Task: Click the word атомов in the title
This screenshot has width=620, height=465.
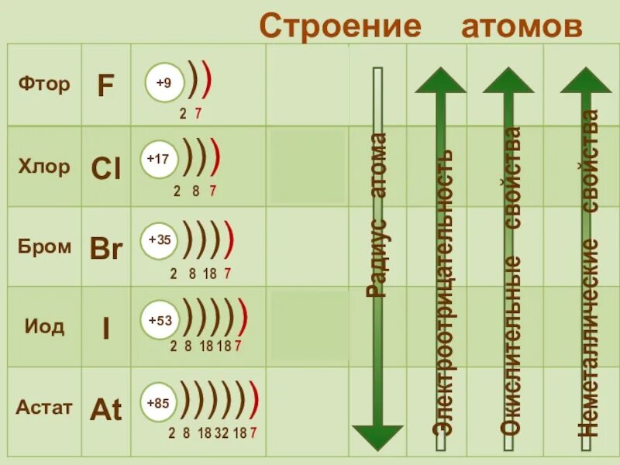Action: point(522,26)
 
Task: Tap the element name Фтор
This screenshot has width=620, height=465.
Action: point(44,84)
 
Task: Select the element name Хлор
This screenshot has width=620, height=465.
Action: point(44,166)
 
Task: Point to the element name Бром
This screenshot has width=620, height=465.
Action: point(44,247)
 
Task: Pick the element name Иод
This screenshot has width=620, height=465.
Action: point(44,326)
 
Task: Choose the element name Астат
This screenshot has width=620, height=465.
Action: point(44,407)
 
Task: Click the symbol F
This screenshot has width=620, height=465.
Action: point(105,86)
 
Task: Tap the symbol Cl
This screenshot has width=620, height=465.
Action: point(106,169)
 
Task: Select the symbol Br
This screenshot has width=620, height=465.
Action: point(106,250)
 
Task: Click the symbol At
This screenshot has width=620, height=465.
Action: point(106,409)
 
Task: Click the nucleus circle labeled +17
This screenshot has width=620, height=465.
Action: point(158,158)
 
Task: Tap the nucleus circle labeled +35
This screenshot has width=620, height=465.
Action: point(159,240)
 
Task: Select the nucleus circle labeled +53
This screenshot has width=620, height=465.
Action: point(159,319)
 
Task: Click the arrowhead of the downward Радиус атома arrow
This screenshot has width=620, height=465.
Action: point(378,436)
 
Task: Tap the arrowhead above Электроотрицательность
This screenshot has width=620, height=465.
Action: point(440,81)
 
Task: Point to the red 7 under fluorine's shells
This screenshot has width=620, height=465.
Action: point(198,114)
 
